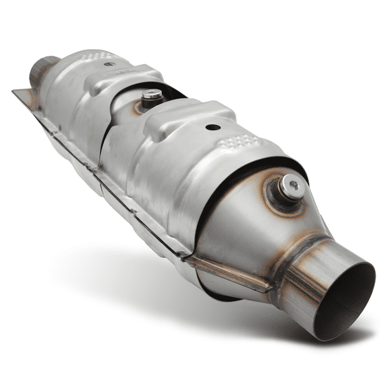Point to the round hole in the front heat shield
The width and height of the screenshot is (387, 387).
tap(213, 127)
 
